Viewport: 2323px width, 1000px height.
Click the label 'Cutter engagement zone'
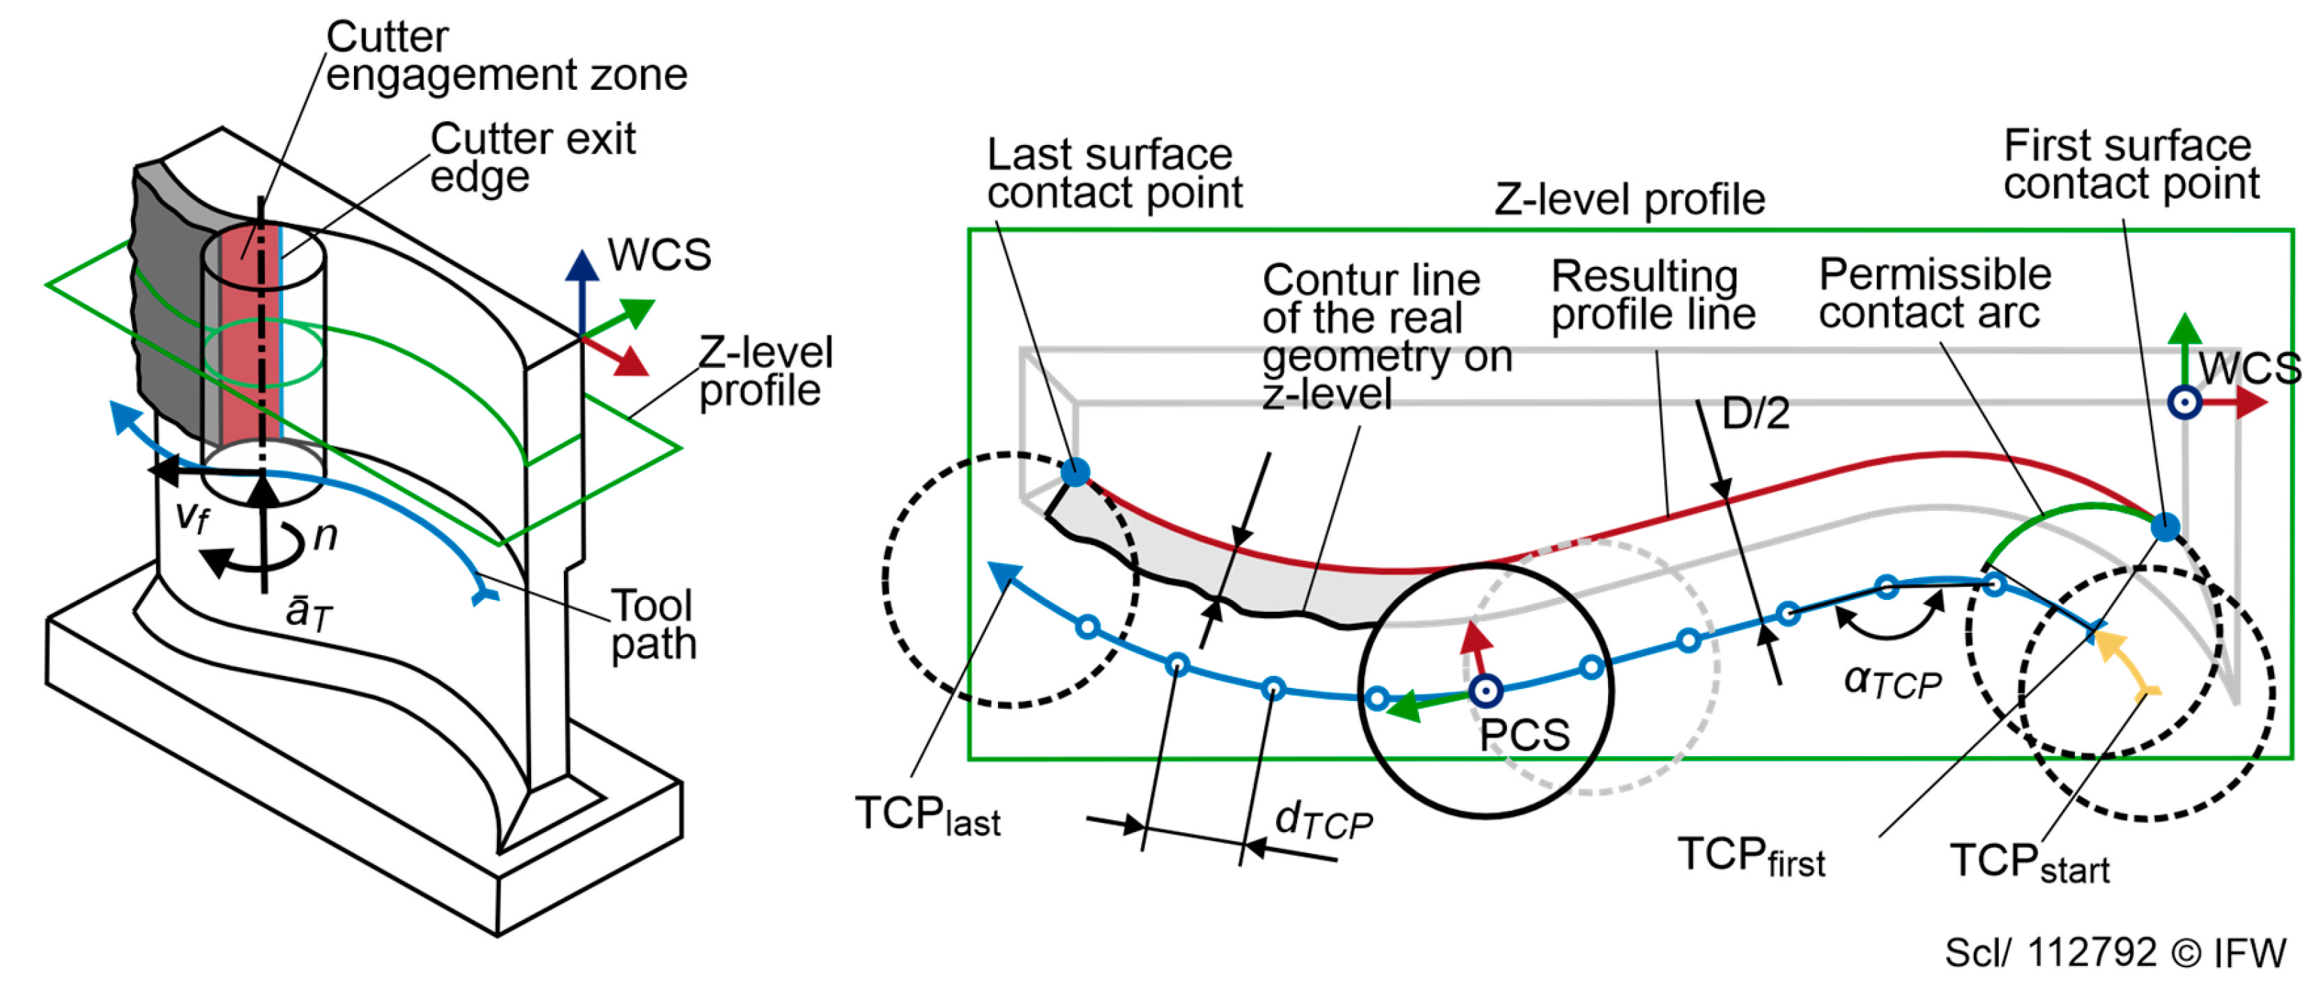pyautogui.click(x=506, y=56)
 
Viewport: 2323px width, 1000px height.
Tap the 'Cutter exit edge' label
pyautogui.click(x=532, y=157)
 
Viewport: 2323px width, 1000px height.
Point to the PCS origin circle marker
pyautogui.click(x=1486, y=691)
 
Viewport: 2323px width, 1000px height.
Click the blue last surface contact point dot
pyautogui.click(x=1075, y=472)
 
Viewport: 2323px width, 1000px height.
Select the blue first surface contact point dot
pyautogui.click(x=2165, y=527)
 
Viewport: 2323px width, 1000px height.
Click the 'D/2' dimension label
pyautogui.click(x=1755, y=413)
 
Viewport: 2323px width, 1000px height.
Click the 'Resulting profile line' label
pyautogui.click(x=1653, y=295)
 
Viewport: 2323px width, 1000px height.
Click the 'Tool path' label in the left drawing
pyautogui.click(x=654, y=624)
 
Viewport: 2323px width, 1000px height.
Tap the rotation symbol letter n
pyautogui.click(x=325, y=536)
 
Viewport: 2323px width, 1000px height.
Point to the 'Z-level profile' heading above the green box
pyautogui.click(x=1630, y=199)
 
